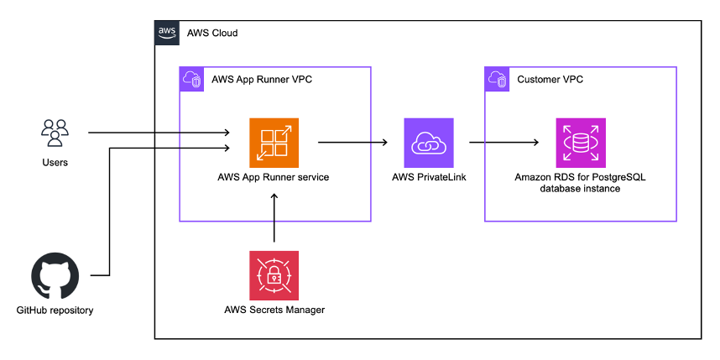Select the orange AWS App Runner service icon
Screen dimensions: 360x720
pos(274,143)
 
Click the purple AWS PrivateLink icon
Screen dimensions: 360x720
pos(428,143)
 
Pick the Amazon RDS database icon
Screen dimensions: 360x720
pos(581,143)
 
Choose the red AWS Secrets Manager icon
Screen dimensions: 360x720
pos(274,275)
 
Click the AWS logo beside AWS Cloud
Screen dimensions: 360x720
pos(167,33)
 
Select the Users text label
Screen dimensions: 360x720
pos(55,162)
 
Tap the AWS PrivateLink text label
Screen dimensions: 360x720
pos(428,177)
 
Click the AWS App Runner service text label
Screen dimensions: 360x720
pos(274,177)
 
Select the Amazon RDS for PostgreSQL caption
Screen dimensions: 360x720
pos(580,183)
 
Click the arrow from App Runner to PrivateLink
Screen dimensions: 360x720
pos(352,143)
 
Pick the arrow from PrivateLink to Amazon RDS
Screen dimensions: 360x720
pos(503,143)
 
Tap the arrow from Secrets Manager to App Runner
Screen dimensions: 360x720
pos(274,220)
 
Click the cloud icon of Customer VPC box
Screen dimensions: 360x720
pos(497,79)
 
